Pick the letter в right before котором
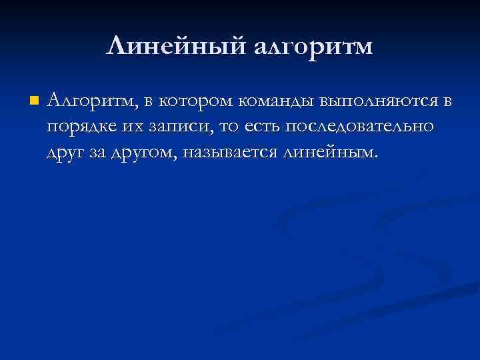(x=147, y=102)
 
